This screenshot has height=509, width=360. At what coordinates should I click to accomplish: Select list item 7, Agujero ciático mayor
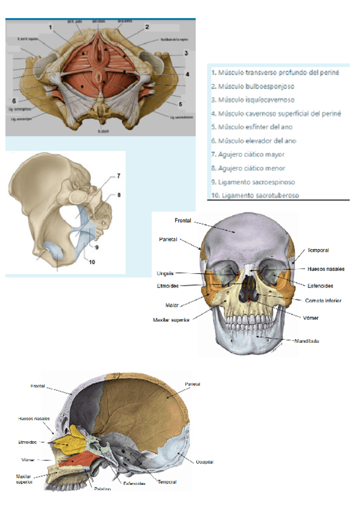(x=248, y=154)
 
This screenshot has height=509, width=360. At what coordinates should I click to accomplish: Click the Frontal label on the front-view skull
(x=183, y=221)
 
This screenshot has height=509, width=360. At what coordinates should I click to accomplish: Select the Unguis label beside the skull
(x=165, y=274)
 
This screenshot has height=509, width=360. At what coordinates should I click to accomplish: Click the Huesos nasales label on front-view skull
(x=326, y=269)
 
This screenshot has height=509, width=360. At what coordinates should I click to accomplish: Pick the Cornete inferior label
(x=323, y=301)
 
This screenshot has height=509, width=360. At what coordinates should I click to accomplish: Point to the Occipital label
(x=205, y=462)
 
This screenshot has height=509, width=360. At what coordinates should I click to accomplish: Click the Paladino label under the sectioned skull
(x=103, y=489)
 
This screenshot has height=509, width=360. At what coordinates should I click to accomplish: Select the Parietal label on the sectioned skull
(x=193, y=384)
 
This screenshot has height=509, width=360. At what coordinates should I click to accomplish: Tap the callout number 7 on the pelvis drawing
(x=118, y=176)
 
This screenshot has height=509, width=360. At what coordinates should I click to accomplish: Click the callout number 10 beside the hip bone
(x=92, y=262)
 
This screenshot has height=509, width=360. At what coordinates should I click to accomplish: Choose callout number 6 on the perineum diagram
(x=14, y=100)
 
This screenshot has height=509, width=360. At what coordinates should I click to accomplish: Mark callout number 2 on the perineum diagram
(x=147, y=27)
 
